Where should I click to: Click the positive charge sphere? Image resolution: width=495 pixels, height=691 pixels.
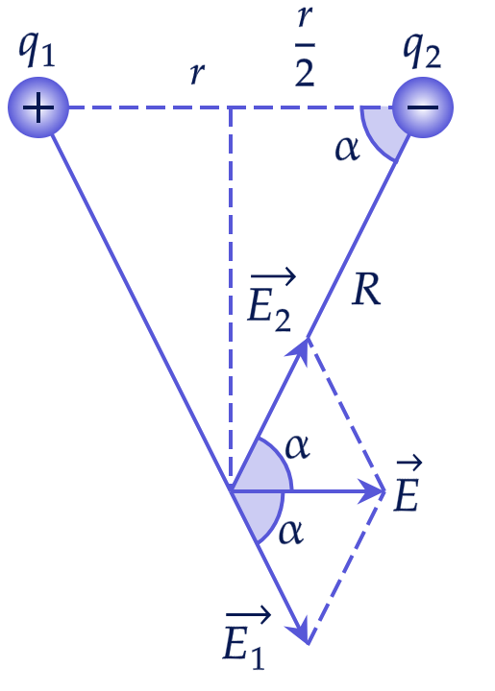click(x=38, y=107)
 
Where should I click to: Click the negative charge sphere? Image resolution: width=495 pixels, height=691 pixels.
click(x=423, y=107)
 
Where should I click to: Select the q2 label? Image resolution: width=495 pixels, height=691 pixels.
click(x=422, y=51)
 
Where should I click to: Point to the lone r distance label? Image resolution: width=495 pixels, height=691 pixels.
click(x=197, y=73)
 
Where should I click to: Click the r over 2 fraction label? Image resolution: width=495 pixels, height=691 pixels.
click(x=305, y=45)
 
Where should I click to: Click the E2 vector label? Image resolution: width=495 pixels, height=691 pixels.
click(x=271, y=299)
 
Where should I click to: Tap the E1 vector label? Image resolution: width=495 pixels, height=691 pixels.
click(x=246, y=637)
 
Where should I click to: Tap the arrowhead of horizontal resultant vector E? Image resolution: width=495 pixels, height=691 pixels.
click(x=374, y=490)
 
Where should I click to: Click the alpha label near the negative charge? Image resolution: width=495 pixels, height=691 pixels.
click(x=348, y=149)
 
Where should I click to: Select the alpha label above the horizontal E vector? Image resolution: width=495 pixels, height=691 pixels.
click(x=298, y=447)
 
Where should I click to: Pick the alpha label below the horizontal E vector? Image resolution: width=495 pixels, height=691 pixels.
click(x=290, y=532)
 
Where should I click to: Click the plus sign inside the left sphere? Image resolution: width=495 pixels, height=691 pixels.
click(x=38, y=107)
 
